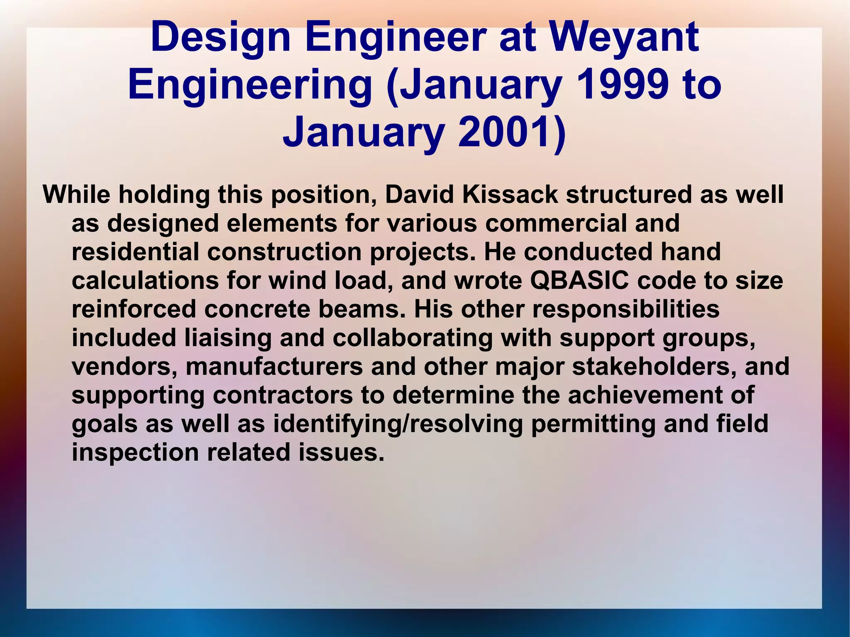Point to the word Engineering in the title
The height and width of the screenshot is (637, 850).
pos(250,85)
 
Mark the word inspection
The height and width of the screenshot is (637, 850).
pos(135,452)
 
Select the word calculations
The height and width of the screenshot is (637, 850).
pos(145,281)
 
